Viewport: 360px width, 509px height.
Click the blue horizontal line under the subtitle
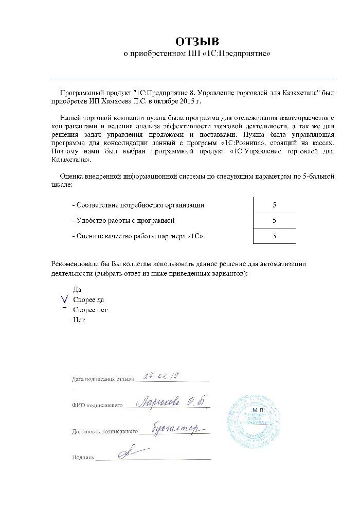pos(193,79)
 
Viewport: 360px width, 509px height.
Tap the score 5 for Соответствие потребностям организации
pos(275,205)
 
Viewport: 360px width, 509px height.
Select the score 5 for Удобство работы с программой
pos(275,220)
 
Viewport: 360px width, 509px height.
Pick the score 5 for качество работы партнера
pos(275,236)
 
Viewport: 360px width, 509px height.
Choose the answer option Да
pos(78,290)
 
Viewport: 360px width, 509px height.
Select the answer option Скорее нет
pos(90,310)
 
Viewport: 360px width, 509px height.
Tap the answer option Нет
pos(79,320)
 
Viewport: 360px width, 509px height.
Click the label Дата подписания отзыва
pos(103,380)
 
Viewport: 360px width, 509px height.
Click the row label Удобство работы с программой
pos(123,220)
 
